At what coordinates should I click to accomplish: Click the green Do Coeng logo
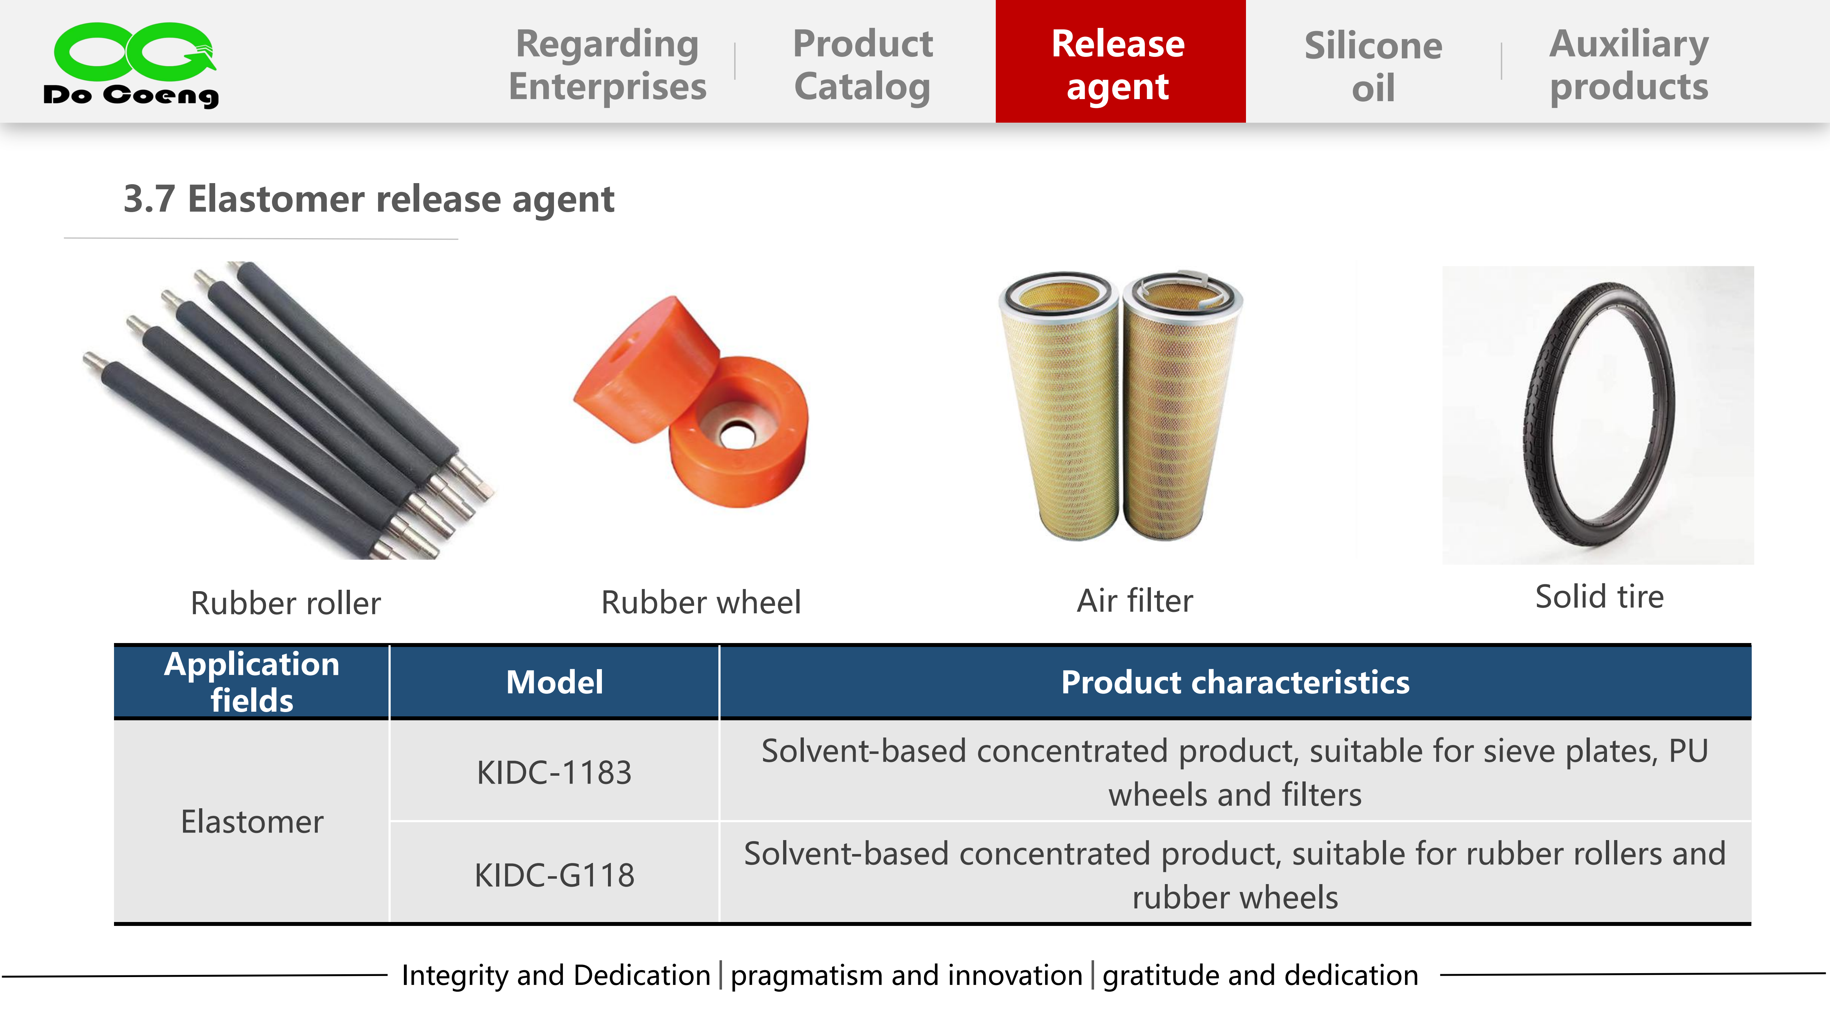click(132, 64)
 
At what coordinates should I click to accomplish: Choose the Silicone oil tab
click(1373, 66)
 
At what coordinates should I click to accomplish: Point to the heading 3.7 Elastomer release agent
click(369, 199)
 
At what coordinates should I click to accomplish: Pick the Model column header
click(554, 682)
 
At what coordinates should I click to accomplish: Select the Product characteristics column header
click(1235, 682)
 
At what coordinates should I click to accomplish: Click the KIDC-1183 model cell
click(554, 772)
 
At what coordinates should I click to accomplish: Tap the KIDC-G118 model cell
click(554, 874)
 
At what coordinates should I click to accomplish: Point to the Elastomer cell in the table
click(252, 822)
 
